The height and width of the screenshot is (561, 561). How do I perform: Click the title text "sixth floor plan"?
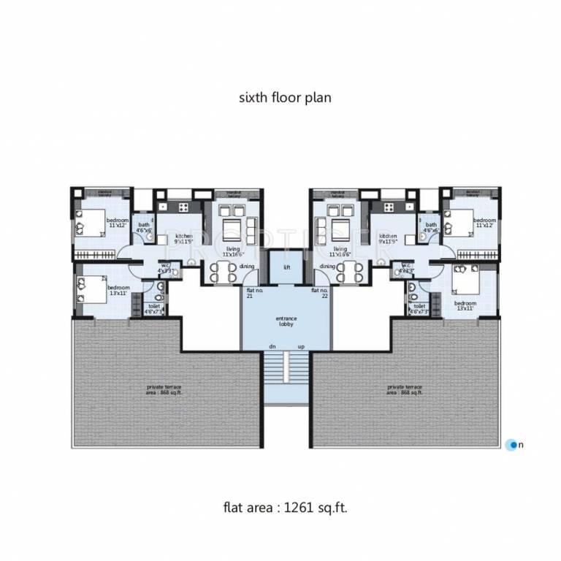286,96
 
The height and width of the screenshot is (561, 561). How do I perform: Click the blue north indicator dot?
512,443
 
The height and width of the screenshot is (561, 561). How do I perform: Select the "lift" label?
287,267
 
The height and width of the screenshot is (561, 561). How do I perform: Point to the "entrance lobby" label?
286,322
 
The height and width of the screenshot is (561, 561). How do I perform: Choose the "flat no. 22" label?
318,294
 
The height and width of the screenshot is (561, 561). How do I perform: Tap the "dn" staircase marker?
272,346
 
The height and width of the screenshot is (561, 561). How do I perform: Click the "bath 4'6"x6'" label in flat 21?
144,227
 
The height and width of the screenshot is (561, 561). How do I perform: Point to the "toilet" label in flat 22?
419,309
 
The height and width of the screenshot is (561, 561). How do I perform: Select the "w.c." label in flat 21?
166,268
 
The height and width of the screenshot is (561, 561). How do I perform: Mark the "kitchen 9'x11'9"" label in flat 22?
388,240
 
